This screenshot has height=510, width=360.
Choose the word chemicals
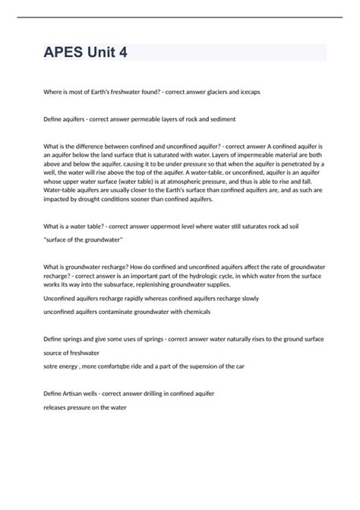tap(191, 312)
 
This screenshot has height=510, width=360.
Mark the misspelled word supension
tap(212, 366)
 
